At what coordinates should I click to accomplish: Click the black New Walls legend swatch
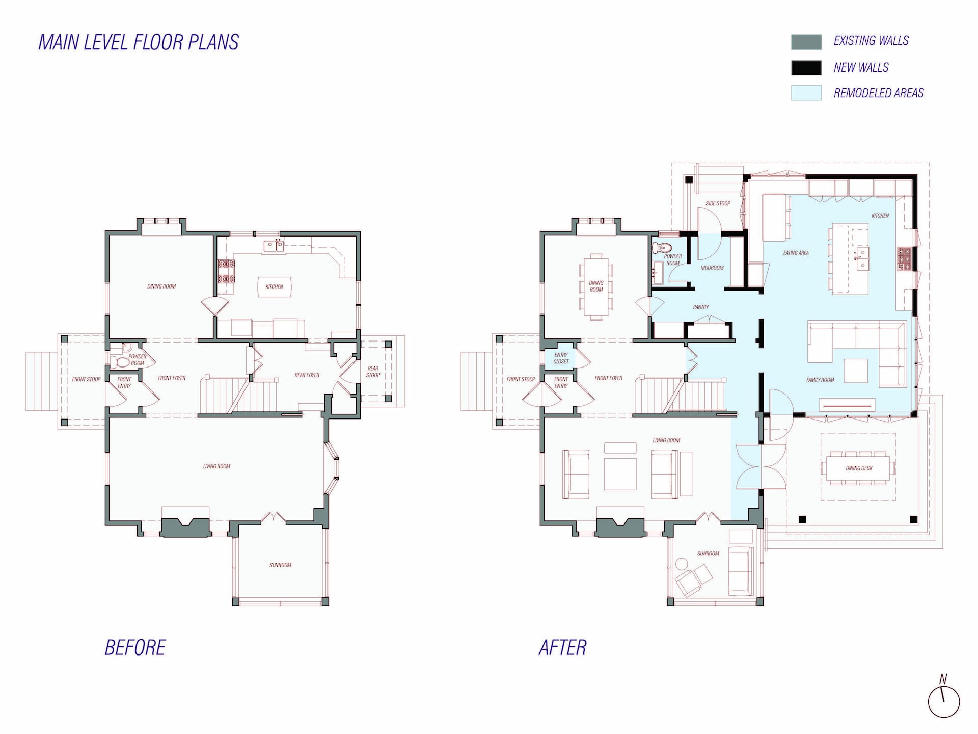806,68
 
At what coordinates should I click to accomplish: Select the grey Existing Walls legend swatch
806,42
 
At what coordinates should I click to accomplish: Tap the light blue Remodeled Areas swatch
806,93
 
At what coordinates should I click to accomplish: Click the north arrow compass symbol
943,700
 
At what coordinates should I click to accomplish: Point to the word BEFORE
135,648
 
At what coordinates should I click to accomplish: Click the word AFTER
562,648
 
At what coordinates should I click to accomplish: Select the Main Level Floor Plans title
139,42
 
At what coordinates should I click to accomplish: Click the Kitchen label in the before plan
274,286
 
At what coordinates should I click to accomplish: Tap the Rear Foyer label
307,375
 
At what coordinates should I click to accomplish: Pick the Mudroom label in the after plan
712,268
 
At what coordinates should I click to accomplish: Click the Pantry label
700,307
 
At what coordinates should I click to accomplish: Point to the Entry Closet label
561,358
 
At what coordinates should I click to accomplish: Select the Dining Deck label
859,468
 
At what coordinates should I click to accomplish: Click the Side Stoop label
718,203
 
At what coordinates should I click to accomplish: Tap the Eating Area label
796,253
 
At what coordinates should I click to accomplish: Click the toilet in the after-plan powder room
663,248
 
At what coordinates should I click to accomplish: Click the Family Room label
820,380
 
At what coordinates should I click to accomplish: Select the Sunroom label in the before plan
280,565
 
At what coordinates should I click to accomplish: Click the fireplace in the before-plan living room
185,527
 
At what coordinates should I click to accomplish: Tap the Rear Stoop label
373,371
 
